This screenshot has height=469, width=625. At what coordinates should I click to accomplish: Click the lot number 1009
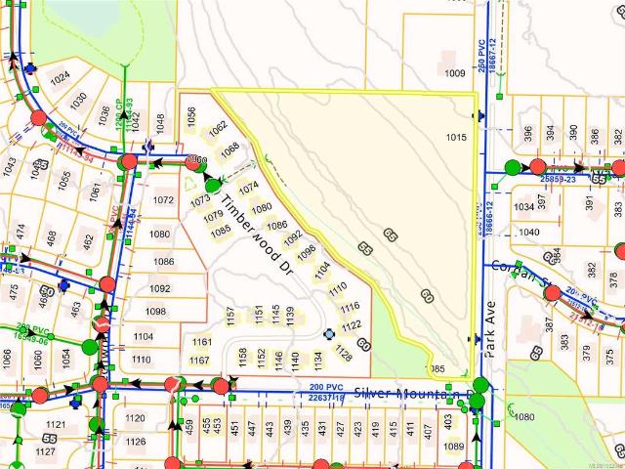(x=454, y=72)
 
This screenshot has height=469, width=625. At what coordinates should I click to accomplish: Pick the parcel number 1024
(x=60, y=76)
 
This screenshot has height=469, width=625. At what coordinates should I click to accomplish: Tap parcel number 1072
(x=162, y=199)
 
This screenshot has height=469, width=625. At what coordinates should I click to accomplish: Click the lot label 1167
(x=199, y=361)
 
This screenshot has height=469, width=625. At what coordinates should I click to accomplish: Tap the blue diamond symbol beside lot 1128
(x=328, y=334)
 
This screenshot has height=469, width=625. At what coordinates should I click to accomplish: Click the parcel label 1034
(x=525, y=207)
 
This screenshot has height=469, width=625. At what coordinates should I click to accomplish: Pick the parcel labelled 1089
(x=453, y=447)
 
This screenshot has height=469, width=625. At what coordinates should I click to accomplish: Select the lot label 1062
(x=218, y=127)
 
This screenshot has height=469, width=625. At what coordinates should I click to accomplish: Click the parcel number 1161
(x=201, y=342)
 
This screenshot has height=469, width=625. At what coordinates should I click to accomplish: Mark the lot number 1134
(x=317, y=360)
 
